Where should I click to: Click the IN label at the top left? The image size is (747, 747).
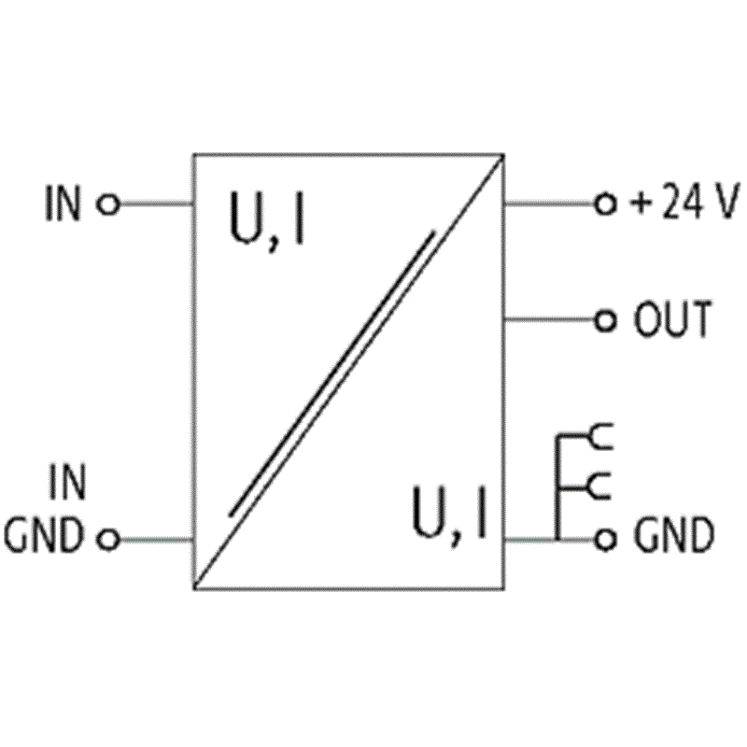tap(63, 204)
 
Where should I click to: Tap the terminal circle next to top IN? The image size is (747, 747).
tap(108, 204)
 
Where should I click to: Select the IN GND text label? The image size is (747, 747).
tap(44, 508)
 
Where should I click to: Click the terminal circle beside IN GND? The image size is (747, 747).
tap(108, 540)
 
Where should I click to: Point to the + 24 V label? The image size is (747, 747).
tap(685, 201)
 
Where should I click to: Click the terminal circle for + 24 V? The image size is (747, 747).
tap(605, 204)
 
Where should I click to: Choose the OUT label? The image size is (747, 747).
tap(672, 318)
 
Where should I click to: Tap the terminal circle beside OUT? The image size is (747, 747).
tap(605, 320)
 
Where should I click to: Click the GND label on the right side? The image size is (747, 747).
tap(674, 535)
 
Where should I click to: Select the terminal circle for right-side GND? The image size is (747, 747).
tap(605, 540)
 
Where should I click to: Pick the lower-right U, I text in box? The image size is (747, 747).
tap(449, 515)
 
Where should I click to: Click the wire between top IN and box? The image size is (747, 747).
tap(156, 204)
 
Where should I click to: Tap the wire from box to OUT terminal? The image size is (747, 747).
tap(549, 319)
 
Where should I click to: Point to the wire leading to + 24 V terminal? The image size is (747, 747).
tap(549, 204)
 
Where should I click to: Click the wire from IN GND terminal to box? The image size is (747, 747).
tap(156, 540)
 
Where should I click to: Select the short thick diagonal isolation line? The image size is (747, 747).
tap(331, 373)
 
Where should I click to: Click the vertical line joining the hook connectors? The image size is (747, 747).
tap(557, 486)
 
